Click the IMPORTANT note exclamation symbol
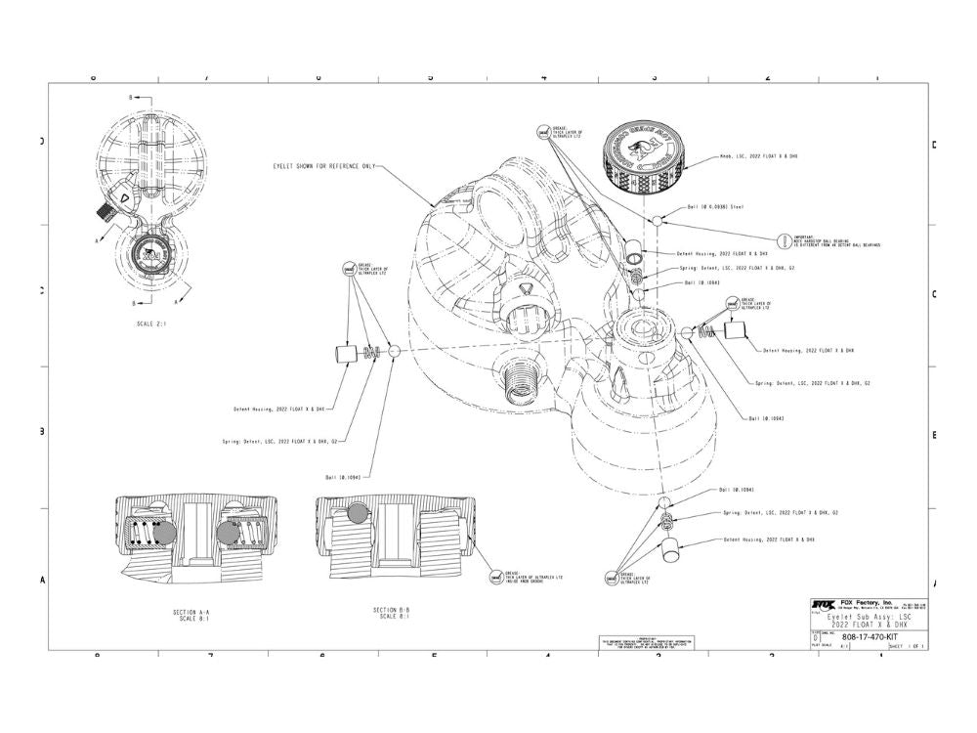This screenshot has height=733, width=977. pos(784,240)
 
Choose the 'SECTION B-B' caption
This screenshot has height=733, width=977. pos(391,611)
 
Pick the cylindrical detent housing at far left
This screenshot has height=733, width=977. pos(344,353)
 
